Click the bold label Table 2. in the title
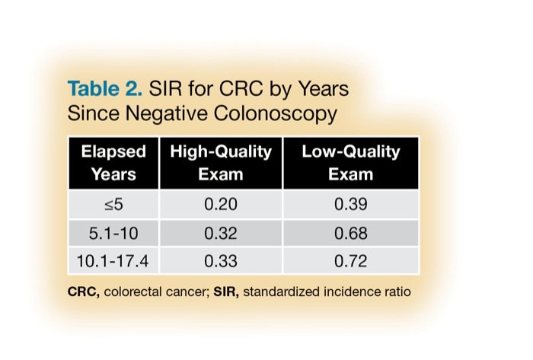104,89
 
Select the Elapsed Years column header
113,162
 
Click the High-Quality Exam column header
220,162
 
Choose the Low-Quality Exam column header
350,162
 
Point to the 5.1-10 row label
113,233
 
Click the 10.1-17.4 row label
113,260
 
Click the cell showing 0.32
220,233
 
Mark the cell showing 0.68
350,233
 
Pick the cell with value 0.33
220,260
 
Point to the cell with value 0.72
350,260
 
